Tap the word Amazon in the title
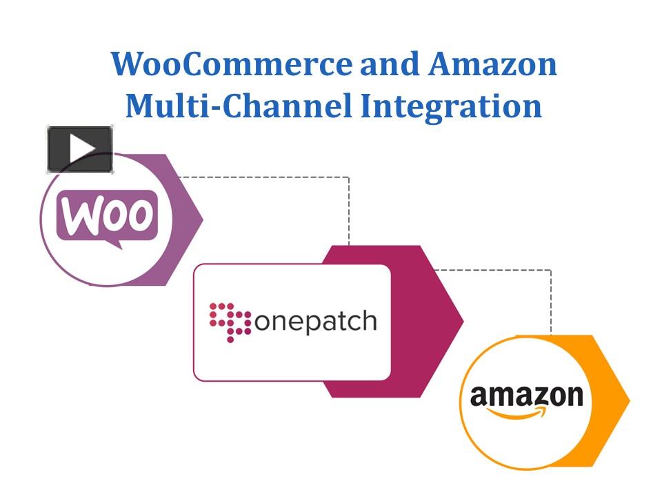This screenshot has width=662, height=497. pyautogui.click(x=492, y=64)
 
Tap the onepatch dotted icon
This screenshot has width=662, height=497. pyautogui.click(x=229, y=320)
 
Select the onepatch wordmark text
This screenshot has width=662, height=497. pyautogui.click(x=317, y=322)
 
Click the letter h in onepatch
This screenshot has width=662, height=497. pyautogui.click(x=370, y=320)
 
